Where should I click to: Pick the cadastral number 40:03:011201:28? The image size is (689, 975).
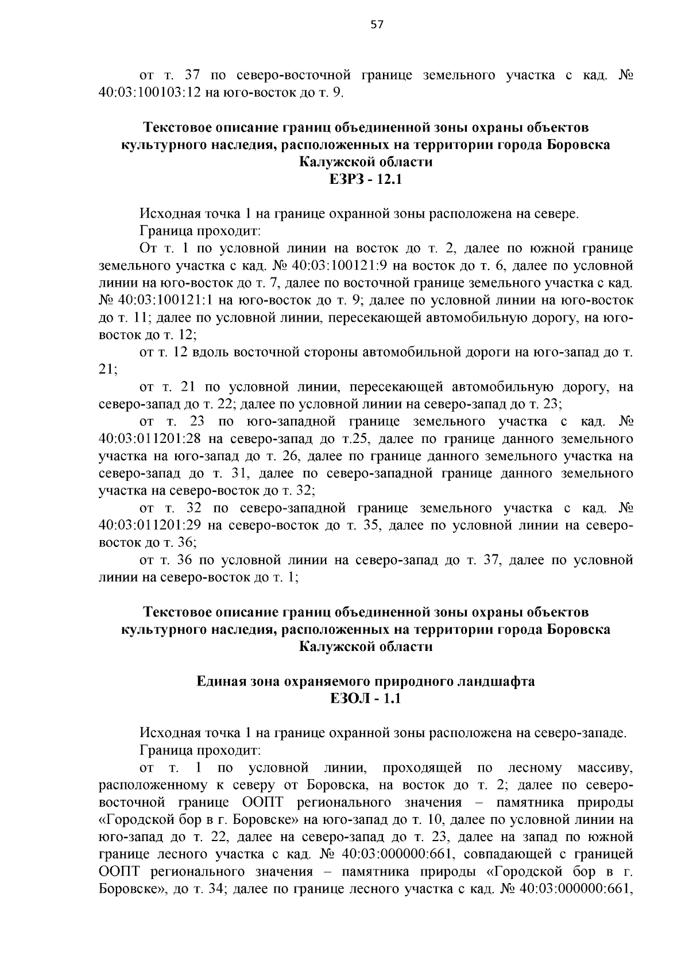tap(149, 440)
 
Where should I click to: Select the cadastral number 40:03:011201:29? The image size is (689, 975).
tap(149, 526)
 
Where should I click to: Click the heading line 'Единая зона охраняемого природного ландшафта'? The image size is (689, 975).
tap(366, 681)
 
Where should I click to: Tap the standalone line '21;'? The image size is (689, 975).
tap(108, 370)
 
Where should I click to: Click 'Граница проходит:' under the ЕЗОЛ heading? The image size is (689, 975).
tap(201, 751)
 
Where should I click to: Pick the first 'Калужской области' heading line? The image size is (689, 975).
tap(366, 162)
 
